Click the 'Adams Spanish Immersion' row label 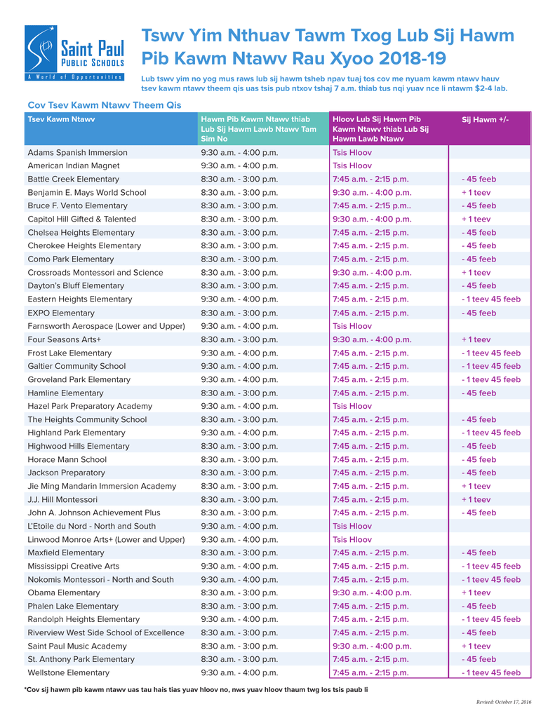coord(77,152)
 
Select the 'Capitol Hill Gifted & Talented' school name coord(81,219)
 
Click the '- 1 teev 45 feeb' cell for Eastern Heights coord(491,299)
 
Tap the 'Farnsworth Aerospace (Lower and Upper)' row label coord(106,326)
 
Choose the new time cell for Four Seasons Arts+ coord(372,339)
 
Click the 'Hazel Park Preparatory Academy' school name coord(90,406)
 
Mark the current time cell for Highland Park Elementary coord(239,433)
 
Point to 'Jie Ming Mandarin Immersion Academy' coord(102,486)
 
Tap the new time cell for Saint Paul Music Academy coord(372,646)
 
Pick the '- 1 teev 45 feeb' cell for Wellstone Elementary coord(491,672)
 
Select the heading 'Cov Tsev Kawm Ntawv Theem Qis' coord(104,105)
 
